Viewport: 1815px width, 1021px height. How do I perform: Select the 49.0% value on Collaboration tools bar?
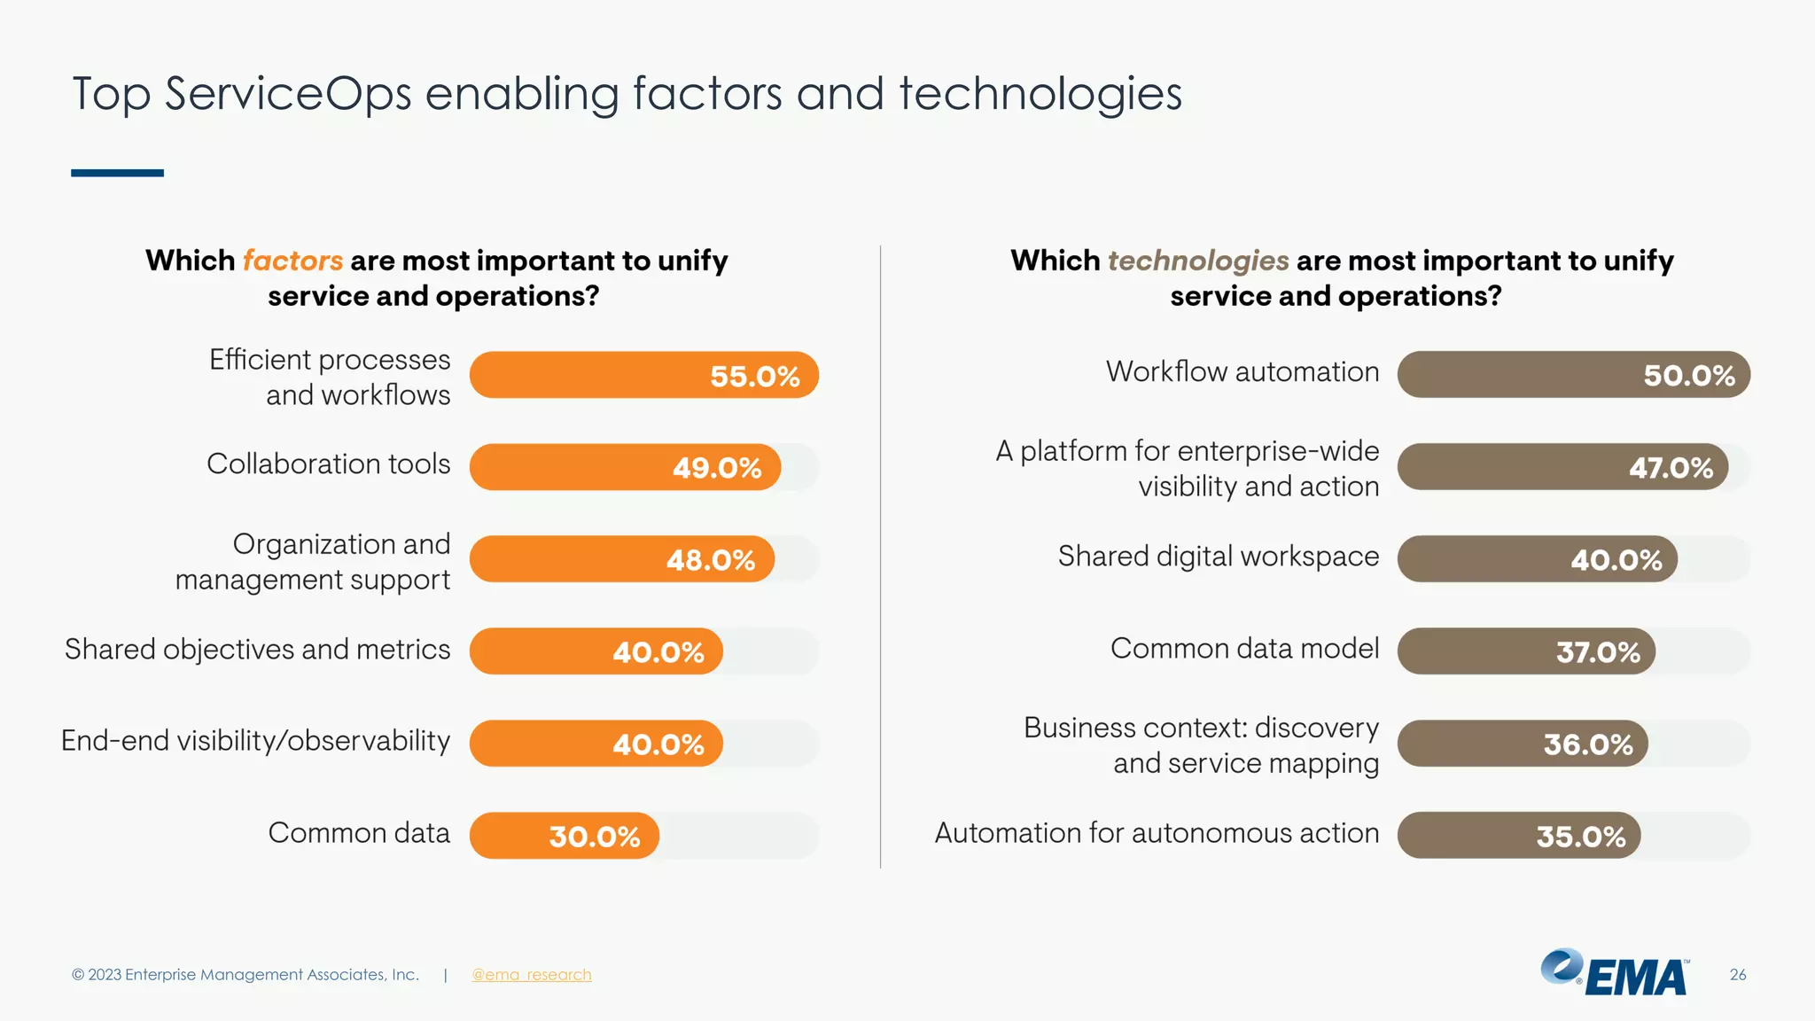716,467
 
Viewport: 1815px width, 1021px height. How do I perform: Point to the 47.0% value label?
1671,467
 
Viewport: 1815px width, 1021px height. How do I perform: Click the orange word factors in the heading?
292,261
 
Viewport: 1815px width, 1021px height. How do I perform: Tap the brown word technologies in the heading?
1198,261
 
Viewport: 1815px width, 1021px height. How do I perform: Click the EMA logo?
1615,973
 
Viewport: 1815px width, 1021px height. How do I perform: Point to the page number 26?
1737,975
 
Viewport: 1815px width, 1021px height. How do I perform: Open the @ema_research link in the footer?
531,975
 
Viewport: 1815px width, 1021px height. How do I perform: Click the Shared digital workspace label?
1218,557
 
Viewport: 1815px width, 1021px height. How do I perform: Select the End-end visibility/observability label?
255,741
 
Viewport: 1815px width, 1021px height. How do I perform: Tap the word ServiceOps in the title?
288,94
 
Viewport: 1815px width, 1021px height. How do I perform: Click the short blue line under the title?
117,173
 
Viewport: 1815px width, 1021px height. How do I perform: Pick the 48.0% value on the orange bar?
710,559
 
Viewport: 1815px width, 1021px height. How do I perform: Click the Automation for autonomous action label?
1157,833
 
